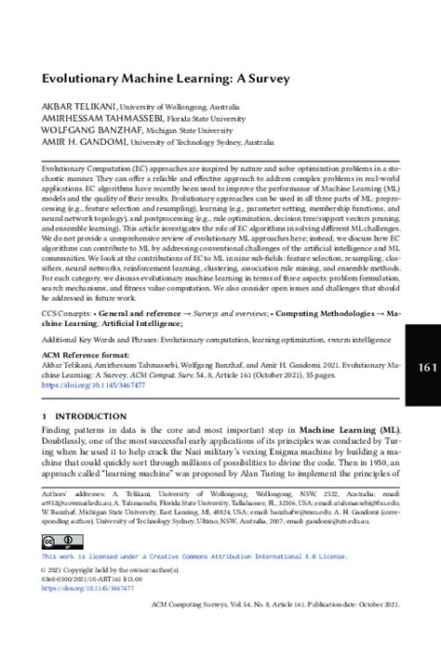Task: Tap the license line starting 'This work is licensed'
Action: coord(194,556)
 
